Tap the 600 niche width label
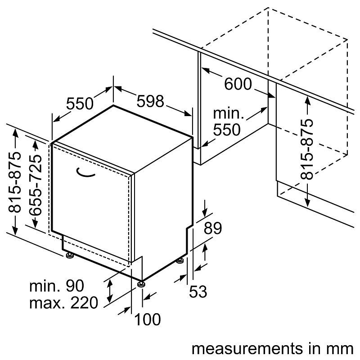[x=238, y=84]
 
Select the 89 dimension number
[x=212, y=229]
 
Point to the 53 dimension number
[x=198, y=292]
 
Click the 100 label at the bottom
[x=147, y=320]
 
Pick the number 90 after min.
[x=75, y=286]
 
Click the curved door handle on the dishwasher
[x=85, y=171]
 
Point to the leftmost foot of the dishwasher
[x=70, y=256]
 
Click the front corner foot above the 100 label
[x=142, y=283]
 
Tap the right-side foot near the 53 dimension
[x=180, y=260]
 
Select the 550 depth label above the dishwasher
[x=80, y=104]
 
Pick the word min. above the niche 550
[x=229, y=113]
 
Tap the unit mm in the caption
[x=340, y=349]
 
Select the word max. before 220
[x=45, y=303]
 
